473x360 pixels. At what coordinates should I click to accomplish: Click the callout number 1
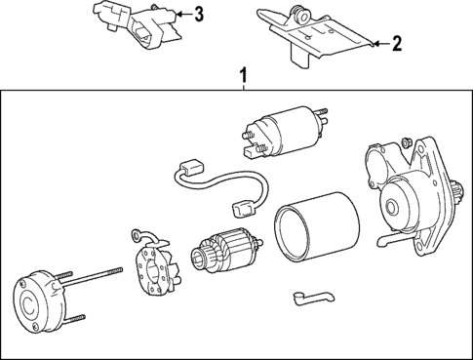point(243,75)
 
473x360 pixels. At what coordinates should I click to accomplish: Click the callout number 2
point(396,43)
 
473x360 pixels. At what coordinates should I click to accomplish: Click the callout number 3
point(199,14)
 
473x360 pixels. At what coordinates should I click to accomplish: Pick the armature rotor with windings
point(226,250)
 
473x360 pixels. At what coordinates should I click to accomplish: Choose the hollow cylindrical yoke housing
point(317,226)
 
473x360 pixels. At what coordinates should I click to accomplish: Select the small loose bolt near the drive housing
point(407,142)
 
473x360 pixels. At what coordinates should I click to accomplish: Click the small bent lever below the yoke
point(313,298)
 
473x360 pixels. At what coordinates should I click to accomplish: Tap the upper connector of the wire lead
point(191,167)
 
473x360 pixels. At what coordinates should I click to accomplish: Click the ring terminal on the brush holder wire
point(137,235)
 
